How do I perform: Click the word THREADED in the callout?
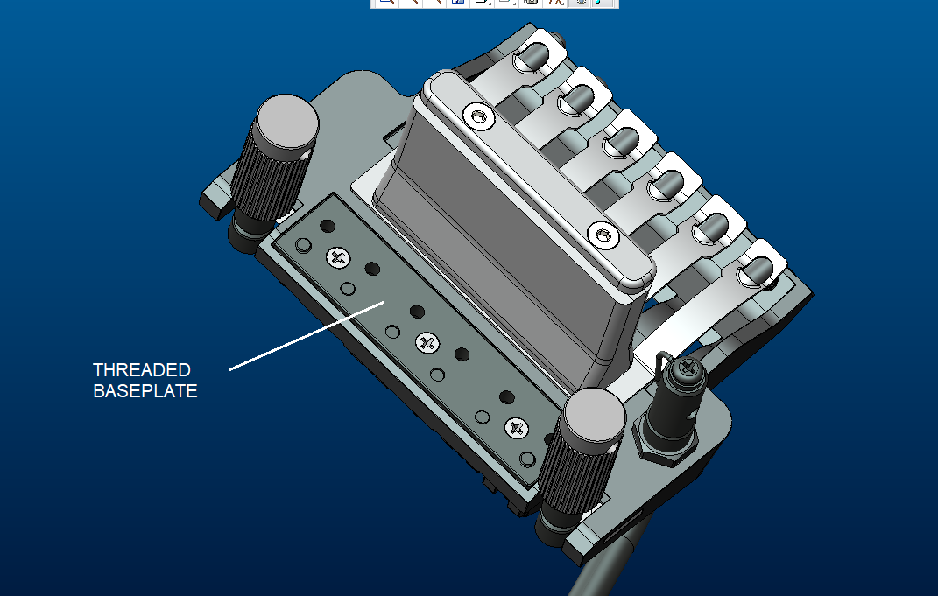click(142, 370)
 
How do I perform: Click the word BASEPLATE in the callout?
click(145, 391)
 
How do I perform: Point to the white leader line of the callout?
click(307, 336)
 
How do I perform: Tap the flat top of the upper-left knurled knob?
click(287, 123)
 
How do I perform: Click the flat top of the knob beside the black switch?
click(595, 417)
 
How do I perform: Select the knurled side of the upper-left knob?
click(267, 179)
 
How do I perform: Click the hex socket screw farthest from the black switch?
click(478, 116)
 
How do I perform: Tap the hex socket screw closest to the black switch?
click(603, 235)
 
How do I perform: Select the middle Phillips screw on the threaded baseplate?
click(427, 343)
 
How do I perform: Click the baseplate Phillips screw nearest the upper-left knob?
click(338, 257)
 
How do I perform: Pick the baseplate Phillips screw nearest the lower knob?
click(517, 428)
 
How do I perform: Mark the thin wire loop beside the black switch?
click(660, 366)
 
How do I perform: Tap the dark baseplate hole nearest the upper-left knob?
click(328, 226)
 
